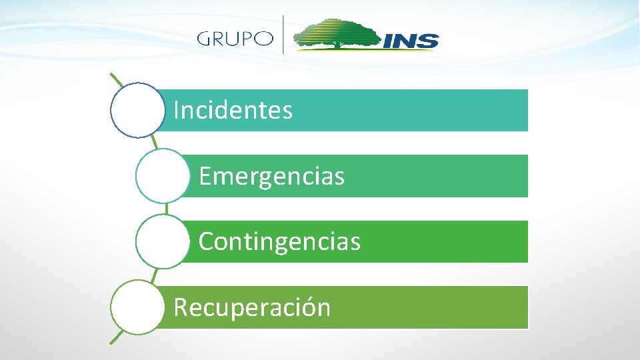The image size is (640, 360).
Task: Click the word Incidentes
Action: coord(233,111)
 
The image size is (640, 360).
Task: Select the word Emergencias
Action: coord(271,177)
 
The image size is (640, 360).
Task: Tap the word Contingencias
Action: coord(279,241)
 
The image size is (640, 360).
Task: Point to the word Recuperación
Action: coord(252,307)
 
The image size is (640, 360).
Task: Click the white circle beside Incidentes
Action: coord(137,110)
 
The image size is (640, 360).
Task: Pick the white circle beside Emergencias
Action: coord(162,176)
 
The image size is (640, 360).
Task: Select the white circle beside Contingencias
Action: coord(162,241)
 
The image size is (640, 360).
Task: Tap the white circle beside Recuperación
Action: coord(137,307)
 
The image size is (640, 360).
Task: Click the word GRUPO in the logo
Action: coord(235,38)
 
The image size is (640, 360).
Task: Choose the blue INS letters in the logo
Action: coord(411,41)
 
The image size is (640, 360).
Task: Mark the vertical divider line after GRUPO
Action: coord(284,34)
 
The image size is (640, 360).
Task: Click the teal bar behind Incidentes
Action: coord(413,111)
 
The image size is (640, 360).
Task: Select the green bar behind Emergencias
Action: coord(433,177)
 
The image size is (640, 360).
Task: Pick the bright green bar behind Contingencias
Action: coord(440,241)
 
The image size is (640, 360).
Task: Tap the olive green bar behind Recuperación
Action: coord(427,307)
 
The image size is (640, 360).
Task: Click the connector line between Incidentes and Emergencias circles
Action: coord(154,143)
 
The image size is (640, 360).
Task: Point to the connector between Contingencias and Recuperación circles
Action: coord(155,273)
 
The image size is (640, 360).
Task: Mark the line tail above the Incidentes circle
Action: coord(116,81)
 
